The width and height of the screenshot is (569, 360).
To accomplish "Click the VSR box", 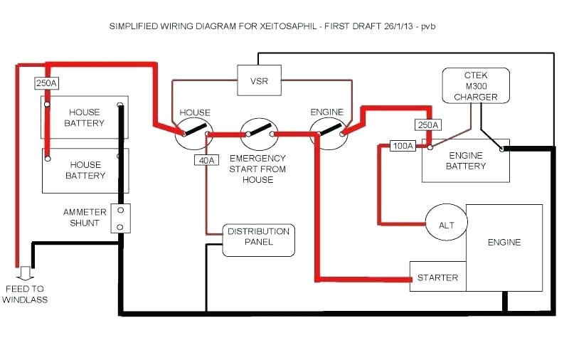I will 259,80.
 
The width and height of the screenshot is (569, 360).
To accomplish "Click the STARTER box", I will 437,277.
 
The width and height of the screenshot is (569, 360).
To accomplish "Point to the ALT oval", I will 446,225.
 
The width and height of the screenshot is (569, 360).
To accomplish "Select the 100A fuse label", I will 403,147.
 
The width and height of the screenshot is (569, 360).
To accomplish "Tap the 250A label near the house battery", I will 46,83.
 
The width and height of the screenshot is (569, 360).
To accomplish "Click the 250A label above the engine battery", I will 427,125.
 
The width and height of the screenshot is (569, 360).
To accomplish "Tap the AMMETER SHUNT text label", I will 85,218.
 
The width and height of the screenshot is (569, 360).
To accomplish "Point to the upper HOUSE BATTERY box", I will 85,117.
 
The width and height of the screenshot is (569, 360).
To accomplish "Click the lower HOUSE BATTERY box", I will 85,170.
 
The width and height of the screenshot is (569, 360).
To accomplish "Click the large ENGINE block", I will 504,243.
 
